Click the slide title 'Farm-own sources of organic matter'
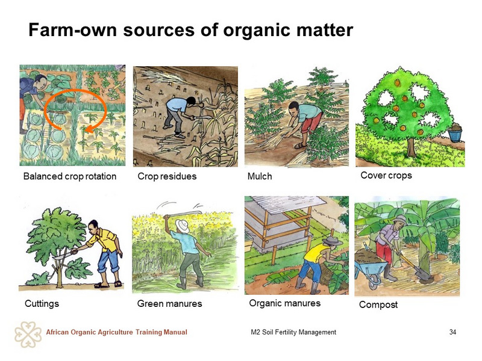tap(190, 31)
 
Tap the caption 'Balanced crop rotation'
tap(70, 176)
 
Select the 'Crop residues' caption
tap(167, 176)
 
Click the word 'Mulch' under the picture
tap(260, 176)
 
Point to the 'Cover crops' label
tap(386, 175)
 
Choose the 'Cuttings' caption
tap(42, 304)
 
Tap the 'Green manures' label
tap(169, 304)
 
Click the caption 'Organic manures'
tap(284, 303)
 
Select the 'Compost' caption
tap(378, 304)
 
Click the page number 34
tap(452, 332)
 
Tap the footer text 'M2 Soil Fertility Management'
tap(293, 332)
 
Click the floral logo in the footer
tap(28, 335)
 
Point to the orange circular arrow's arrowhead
tap(88, 129)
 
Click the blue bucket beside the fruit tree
tap(455, 134)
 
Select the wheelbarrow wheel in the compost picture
tap(374, 280)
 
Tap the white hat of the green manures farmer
tap(183, 226)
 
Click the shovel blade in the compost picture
tap(423, 274)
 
